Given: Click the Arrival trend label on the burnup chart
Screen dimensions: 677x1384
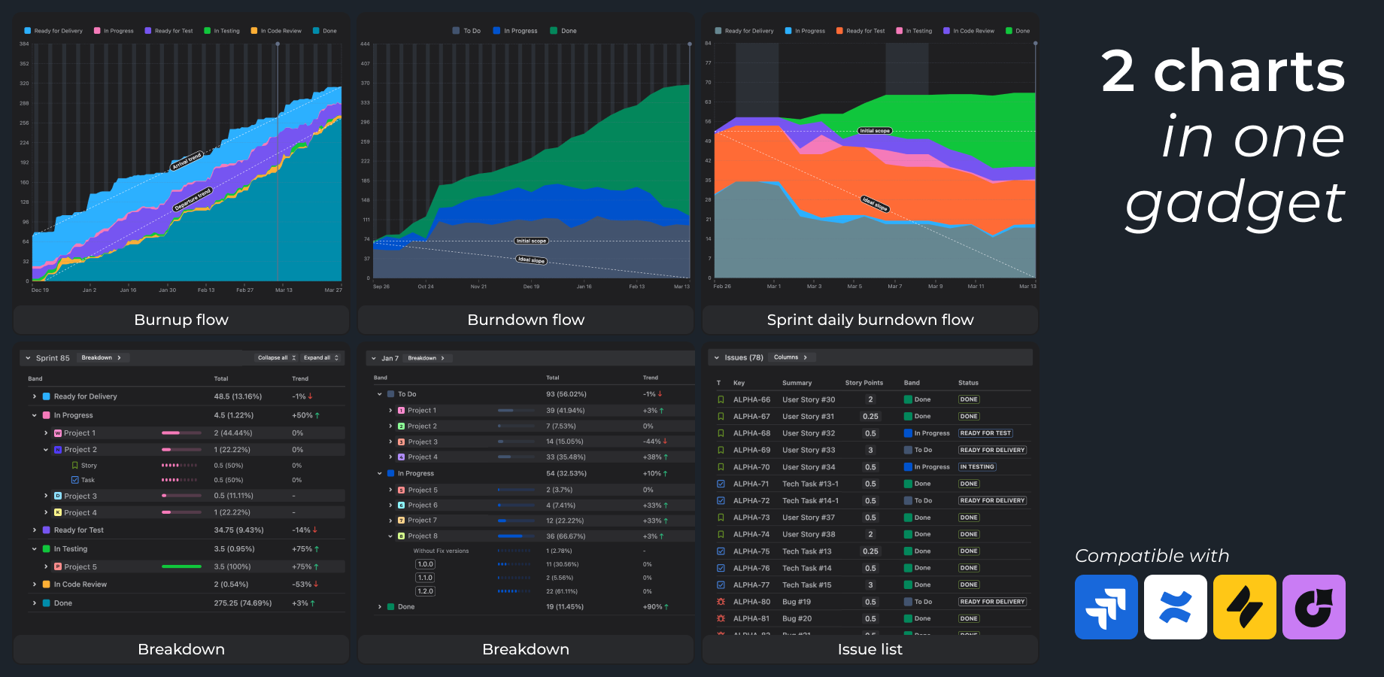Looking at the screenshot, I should click(x=187, y=160).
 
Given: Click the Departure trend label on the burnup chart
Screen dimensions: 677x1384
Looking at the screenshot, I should click(x=193, y=200).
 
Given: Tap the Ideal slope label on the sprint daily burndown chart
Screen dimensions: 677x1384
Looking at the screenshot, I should click(x=875, y=204).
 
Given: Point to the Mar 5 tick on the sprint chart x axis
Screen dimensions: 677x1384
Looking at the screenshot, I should click(x=854, y=287).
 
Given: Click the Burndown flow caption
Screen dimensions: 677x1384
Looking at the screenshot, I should click(x=526, y=320).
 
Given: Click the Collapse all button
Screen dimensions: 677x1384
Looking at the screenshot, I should click(x=276, y=358).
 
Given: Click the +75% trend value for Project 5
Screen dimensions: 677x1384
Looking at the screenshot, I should click(x=305, y=567).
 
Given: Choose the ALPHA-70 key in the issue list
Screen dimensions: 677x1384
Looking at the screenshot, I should click(x=751, y=467).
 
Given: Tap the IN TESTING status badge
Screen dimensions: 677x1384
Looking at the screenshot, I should click(x=977, y=467).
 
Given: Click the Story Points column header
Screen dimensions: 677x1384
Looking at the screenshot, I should click(x=863, y=383).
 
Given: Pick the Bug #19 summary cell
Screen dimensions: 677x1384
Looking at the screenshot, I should click(x=797, y=602).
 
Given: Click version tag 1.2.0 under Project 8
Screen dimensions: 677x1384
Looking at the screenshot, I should click(x=425, y=591).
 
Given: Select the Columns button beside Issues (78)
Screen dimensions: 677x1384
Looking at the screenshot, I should click(x=790, y=357).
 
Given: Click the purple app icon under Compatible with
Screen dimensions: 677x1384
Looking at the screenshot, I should click(x=1313, y=607).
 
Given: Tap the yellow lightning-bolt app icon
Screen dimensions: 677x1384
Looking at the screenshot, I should click(x=1244, y=607).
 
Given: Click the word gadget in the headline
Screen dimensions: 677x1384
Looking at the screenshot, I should click(x=1234, y=203).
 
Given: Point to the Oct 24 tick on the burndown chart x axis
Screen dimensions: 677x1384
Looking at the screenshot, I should click(x=426, y=287).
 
